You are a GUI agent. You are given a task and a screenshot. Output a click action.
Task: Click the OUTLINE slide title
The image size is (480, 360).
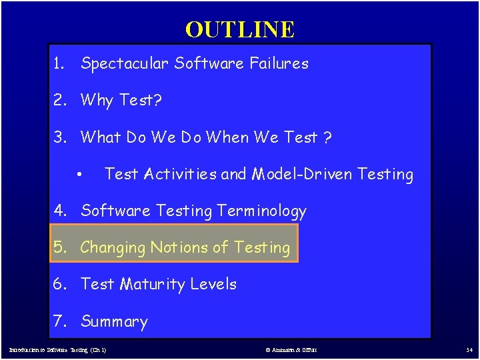pyautogui.click(x=239, y=29)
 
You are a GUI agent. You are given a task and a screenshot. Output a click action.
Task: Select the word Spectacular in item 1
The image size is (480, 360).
pyautogui.click(x=125, y=64)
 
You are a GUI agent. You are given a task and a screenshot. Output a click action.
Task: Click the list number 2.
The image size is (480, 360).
pyautogui.click(x=61, y=101)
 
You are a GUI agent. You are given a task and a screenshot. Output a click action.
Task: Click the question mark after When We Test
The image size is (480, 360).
pyautogui.click(x=328, y=137)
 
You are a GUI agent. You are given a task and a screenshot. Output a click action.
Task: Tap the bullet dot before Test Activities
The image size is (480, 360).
pyautogui.click(x=79, y=175)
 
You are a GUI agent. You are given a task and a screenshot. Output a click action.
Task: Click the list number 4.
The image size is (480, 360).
pyautogui.click(x=61, y=211)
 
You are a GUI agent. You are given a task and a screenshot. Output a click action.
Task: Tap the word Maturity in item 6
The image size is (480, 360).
pyautogui.click(x=153, y=285)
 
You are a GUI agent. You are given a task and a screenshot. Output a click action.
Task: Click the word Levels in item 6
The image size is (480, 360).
pyautogui.click(x=213, y=285)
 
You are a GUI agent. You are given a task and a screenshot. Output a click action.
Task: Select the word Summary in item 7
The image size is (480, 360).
pyautogui.click(x=114, y=322)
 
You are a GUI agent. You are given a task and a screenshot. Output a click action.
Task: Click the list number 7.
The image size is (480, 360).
pyautogui.click(x=61, y=322)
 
